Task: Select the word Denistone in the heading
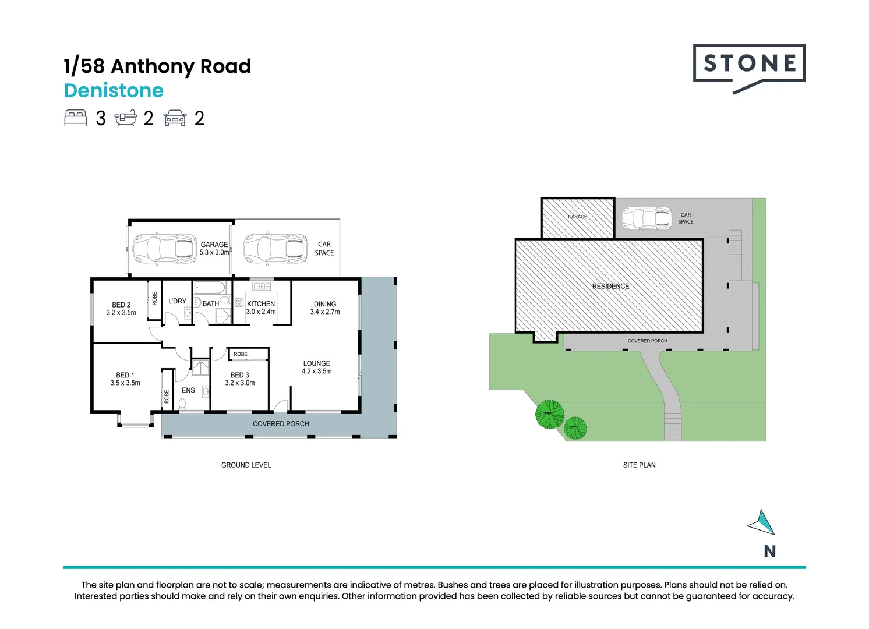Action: coord(114,91)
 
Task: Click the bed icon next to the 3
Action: coord(75,118)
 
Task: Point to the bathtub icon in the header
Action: coord(126,118)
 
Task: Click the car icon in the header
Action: coord(175,118)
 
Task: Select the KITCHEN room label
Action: coord(261,304)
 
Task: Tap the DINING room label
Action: coord(325,304)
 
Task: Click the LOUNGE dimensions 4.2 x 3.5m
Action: coord(317,372)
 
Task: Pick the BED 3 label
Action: coord(240,375)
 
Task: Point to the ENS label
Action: coord(188,390)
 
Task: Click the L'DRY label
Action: coord(177,301)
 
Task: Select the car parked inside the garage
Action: coord(164,249)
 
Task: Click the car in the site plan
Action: coord(647,219)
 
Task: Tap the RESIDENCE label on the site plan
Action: coord(610,286)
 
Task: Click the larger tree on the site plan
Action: coord(550,414)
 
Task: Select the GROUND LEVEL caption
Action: coord(246,465)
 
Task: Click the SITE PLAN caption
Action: coord(639,465)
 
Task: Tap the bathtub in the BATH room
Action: coord(210,288)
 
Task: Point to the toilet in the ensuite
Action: coord(183,403)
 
